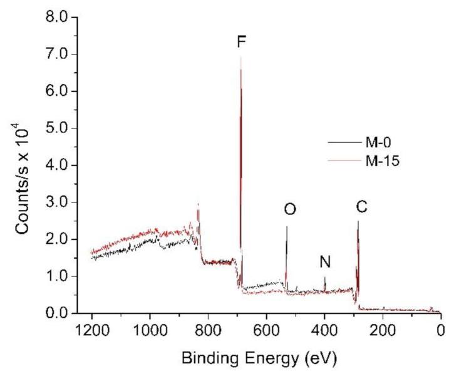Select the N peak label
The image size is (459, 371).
point(325,263)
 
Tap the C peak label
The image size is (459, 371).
point(361,206)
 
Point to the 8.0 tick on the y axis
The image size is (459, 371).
point(58,18)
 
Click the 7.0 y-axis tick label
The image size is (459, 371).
point(58,55)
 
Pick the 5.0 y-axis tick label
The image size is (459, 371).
point(58,128)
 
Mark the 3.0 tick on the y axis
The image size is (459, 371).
point(58,202)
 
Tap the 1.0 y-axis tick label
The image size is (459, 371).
point(58,276)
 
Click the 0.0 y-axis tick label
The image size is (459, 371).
point(58,313)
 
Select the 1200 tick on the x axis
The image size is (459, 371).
point(92,330)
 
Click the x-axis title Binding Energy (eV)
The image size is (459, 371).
point(266,358)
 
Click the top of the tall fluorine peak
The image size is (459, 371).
point(241,57)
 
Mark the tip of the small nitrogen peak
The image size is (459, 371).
point(324,277)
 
